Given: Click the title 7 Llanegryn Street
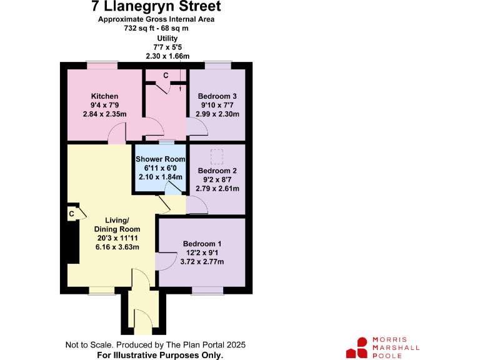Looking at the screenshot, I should pyautogui.click(x=156, y=7).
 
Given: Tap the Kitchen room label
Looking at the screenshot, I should pyautogui.click(x=104, y=96).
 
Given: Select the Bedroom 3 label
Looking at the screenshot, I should pyautogui.click(x=217, y=96).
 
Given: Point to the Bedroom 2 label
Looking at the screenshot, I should pyautogui.click(x=217, y=171).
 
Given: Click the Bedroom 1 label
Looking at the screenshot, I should pyautogui.click(x=202, y=244).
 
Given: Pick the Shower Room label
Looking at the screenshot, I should pyautogui.click(x=161, y=159).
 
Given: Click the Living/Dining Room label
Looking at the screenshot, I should pyautogui.click(x=117, y=224).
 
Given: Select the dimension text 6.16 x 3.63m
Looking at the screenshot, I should pyautogui.click(x=117, y=247).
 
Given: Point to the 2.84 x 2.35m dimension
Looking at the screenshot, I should pyautogui.click(x=104, y=114).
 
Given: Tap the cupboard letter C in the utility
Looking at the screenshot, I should pyautogui.click(x=166, y=76).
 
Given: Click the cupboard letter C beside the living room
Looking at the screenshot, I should pyautogui.click(x=72, y=214).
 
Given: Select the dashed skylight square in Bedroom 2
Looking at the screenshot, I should pyautogui.click(x=217, y=154).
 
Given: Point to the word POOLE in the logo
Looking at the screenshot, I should pyautogui.click(x=387, y=356).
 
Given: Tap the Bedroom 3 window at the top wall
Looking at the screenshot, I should pyautogui.click(x=217, y=64).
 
